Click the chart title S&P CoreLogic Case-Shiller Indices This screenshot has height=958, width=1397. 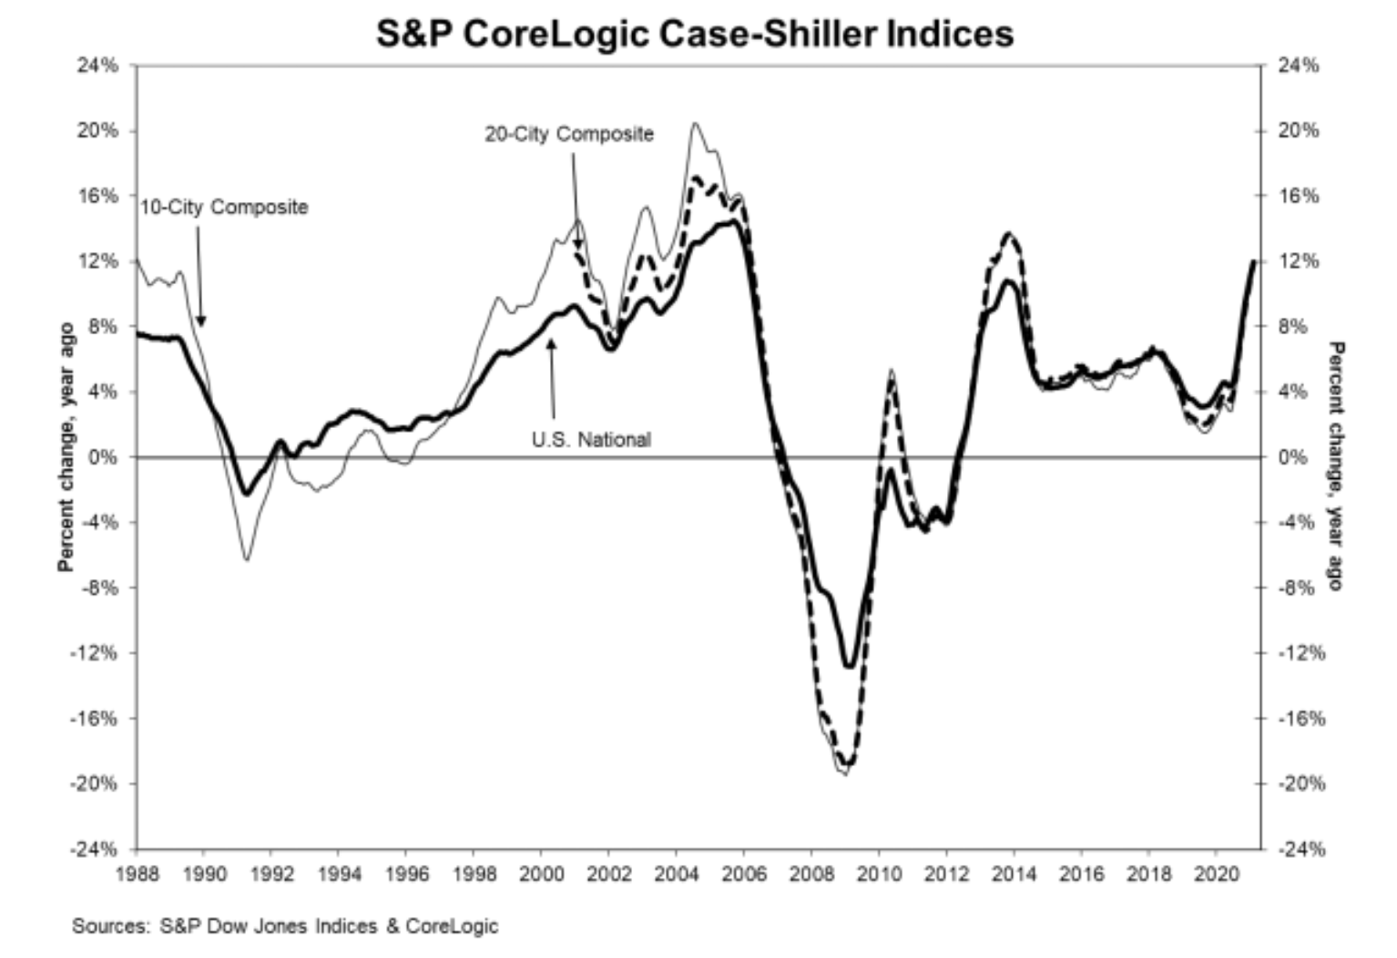(695, 34)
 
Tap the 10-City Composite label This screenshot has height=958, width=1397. (224, 208)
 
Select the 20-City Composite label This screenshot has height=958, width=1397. (568, 134)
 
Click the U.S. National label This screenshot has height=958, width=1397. (591, 440)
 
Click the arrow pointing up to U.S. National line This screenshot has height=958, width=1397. (552, 344)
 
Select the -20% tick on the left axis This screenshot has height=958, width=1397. (97, 784)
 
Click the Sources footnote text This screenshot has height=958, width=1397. (285, 927)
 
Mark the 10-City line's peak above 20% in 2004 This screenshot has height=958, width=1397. (695, 123)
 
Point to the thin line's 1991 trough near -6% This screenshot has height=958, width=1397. (247, 560)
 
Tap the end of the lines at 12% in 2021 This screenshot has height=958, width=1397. (1254, 261)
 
